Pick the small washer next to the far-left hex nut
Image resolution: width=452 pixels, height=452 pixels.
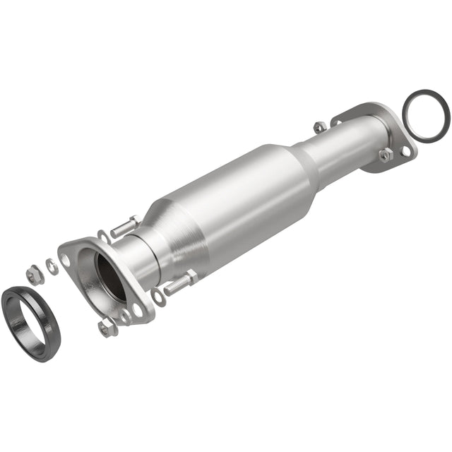pyautogui.click(x=52, y=266)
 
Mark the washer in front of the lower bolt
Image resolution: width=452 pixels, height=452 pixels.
pyautogui.click(x=157, y=297)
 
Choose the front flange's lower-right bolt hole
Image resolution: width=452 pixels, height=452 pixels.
pyautogui.click(x=138, y=309)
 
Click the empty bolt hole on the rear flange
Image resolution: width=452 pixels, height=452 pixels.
pyautogui.click(x=405, y=150)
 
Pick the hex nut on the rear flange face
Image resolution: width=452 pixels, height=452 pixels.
pyautogui.click(x=385, y=155)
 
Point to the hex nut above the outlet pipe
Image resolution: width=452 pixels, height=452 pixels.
pyautogui.click(x=320, y=127)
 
